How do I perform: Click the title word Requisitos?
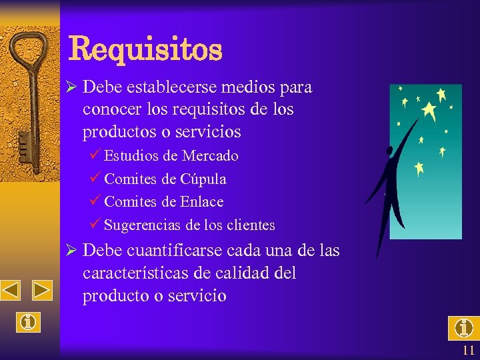(x=145, y=49)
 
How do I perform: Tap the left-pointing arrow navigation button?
(x=10, y=291)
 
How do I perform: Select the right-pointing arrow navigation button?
(x=42, y=291)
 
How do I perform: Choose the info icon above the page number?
(x=463, y=328)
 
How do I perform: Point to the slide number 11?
(x=467, y=351)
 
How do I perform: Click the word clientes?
(x=250, y=225)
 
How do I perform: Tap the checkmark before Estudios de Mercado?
(x=95, y=155)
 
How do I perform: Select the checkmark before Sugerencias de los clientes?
(x=95, y=224)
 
